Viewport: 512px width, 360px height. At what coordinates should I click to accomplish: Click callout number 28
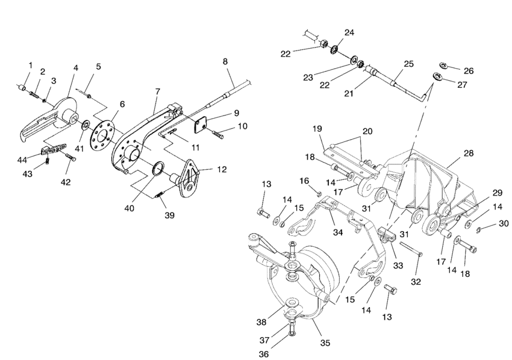click(x=469, y=153)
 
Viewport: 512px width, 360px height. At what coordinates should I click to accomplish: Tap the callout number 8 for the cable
click(x=225, y=61)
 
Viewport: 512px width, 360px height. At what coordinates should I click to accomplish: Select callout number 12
click(x=222, y=169)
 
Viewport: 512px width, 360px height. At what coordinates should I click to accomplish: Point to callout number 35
click(x=325, y=343)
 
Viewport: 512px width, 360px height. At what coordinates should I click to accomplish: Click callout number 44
click(x=22, y=160)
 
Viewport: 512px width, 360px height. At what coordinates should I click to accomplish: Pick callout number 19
click(x=317, y=129)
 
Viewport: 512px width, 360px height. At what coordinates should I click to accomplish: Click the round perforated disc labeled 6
click(x=103, y=134)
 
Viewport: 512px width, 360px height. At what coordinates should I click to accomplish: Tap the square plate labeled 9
click(x=201, y=126)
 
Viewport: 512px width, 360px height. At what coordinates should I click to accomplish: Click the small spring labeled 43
click(x=48, y=160)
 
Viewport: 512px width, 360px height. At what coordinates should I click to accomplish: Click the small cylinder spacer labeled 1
click(x=23, y=88)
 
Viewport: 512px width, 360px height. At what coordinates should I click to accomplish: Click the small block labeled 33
click(x=387, y=235)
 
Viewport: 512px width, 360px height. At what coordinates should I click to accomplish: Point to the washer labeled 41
click(x=87, y=125)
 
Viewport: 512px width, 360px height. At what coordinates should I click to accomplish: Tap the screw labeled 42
click(x=71, y=157)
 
